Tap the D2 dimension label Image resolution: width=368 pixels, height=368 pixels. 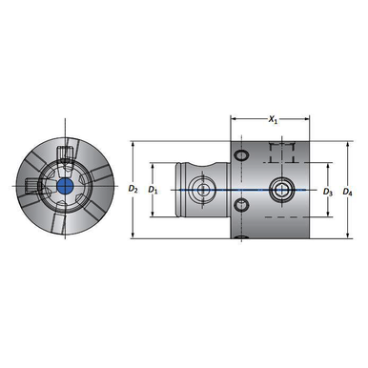pyautogui.click(x=133, y=190)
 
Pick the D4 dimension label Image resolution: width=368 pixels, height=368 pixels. pyautogui.click(x=348, y=191)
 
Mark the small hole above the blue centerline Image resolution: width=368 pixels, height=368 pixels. pyautogui.click(x=241, y=154)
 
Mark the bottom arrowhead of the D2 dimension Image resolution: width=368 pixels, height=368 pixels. pyautogui.click(x=133, y=232)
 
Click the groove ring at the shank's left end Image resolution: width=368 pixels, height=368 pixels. pyautogui.click(x=180, y=190)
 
